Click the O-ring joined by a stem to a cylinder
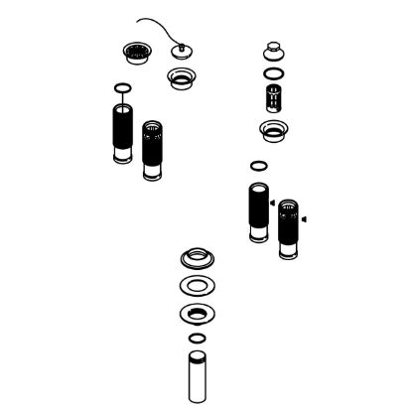coord(122,88)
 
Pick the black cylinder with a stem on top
coord(122,134)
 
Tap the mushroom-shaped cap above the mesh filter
coord(272,51)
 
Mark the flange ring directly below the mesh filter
coord(273,129)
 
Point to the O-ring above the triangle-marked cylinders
coord(258,166)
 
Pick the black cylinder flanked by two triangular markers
coord(289,228)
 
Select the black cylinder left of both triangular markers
coord(256,210)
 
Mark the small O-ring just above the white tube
coord(197,340)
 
